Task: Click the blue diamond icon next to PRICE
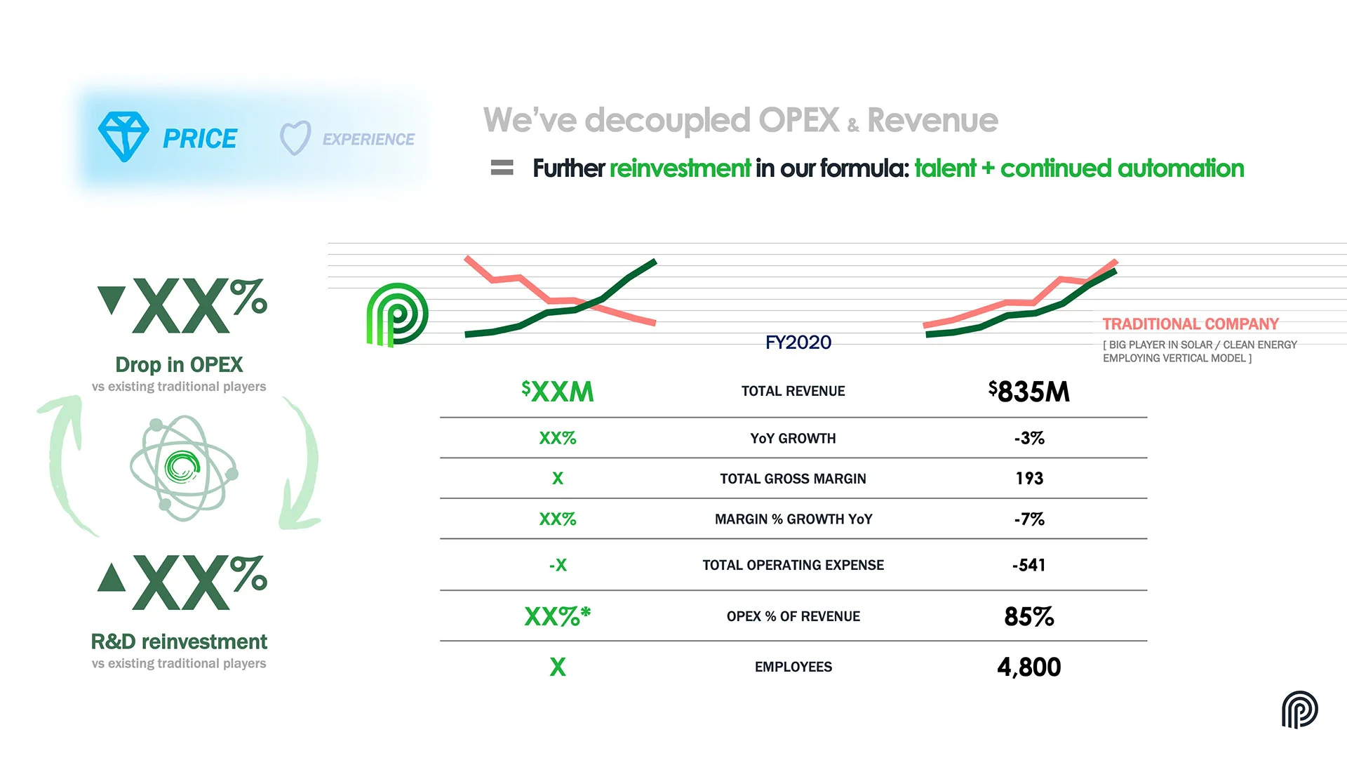(123, 137)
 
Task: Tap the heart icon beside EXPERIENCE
(295, 138)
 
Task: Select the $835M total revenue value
(1029, 392)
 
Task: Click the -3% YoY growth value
(1029, 439)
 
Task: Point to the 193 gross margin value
(1029, 479)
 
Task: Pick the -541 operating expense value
(1029, 565)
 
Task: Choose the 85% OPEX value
(1029, 616)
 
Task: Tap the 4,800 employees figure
(1029, 667)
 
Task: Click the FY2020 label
(798, 343)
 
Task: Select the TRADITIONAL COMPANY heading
(1191, 324)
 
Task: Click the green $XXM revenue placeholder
(558, 392)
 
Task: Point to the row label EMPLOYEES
(793, 667)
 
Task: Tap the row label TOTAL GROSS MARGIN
(793, 479)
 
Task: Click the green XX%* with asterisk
(558, 616)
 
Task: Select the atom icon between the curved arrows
(184, 468)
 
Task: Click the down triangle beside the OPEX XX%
(112, 299)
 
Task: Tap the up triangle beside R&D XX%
(112, 577)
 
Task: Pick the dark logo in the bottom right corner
(1299, 710)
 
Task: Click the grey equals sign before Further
(502, 168)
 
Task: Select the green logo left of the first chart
(397, 315)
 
